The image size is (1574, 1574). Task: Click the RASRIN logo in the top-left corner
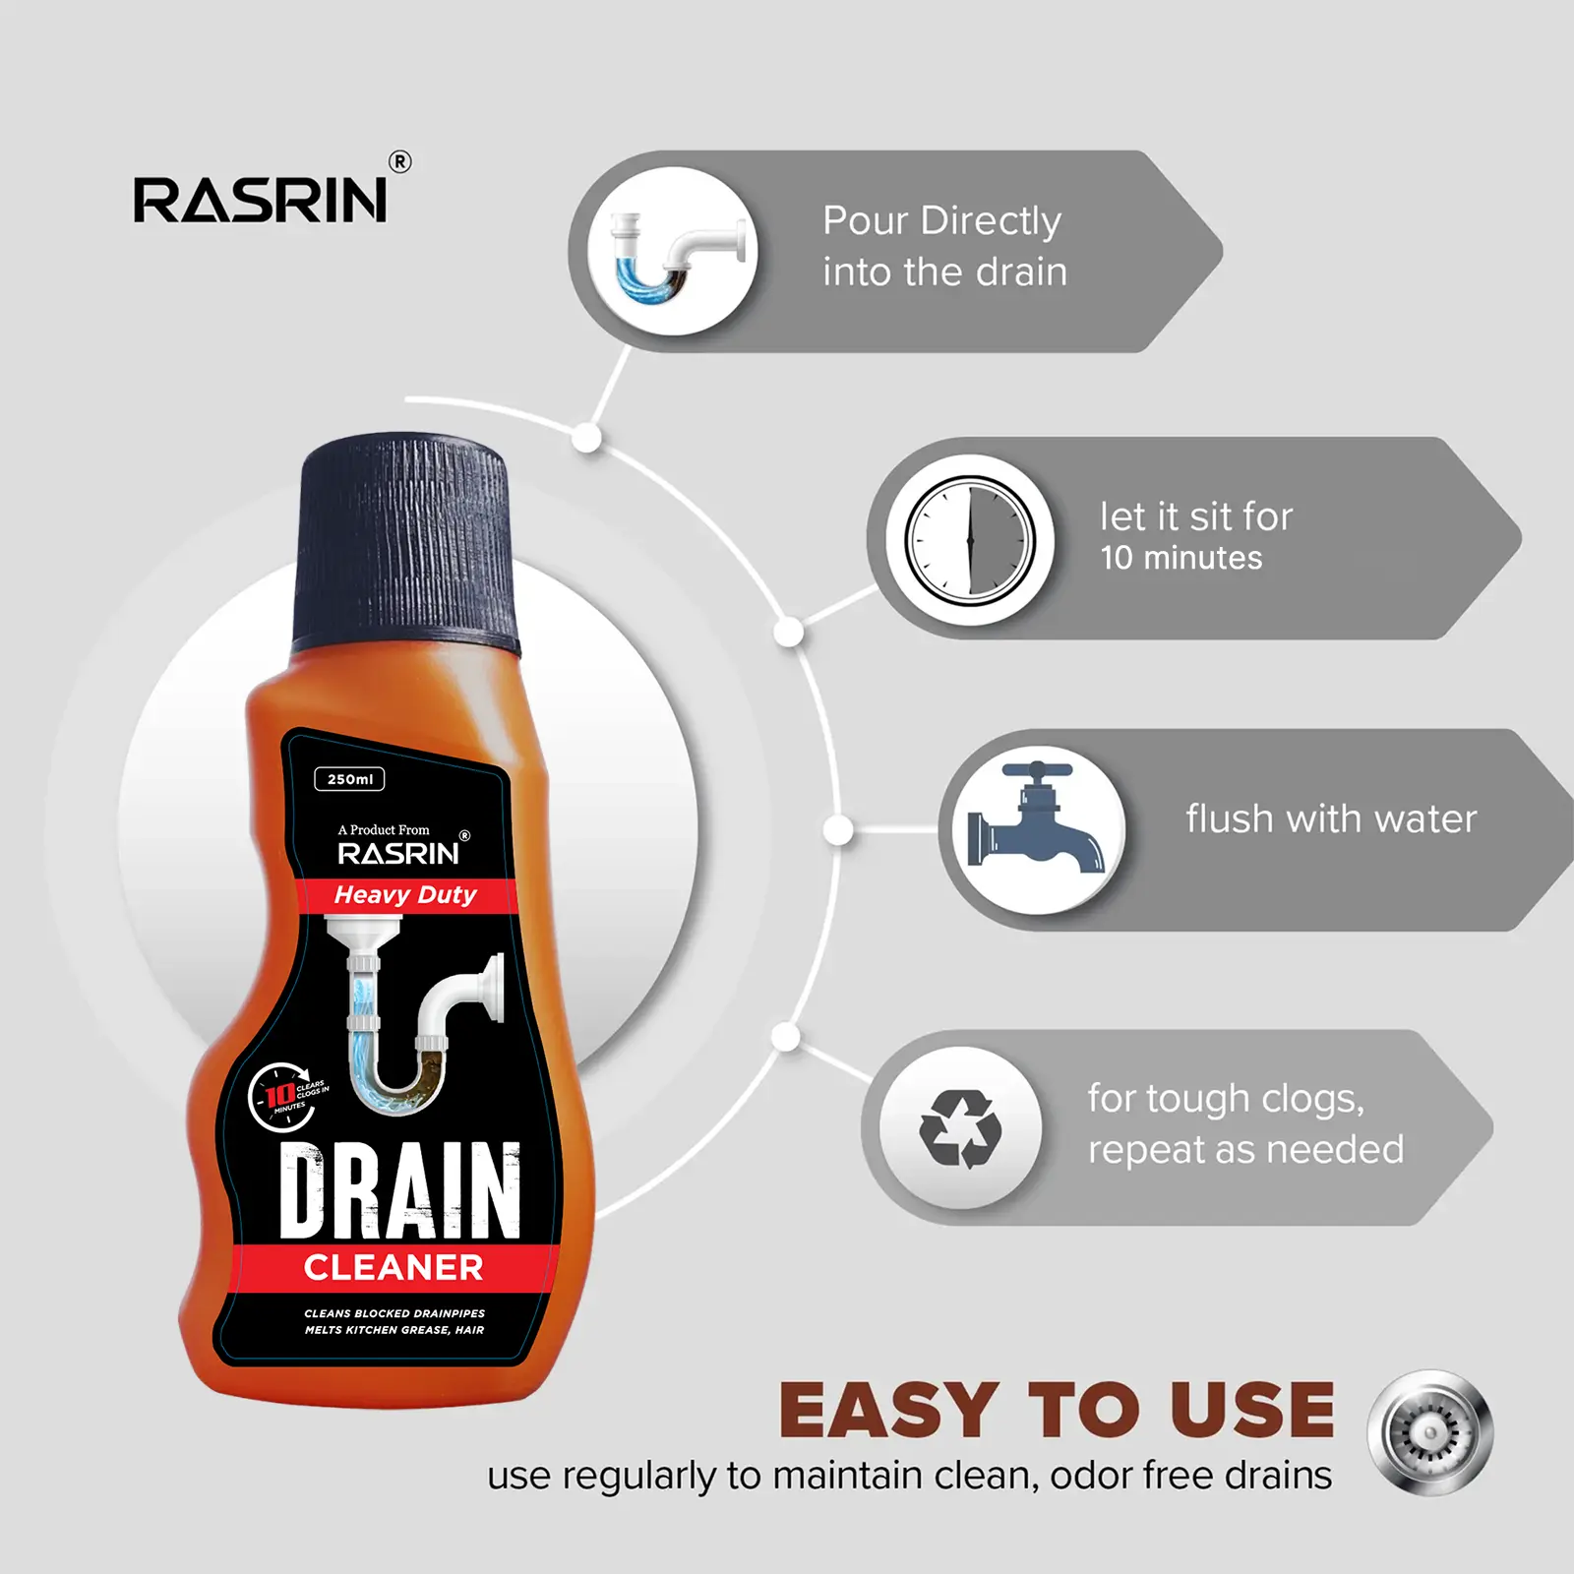pyautogui.click(x=261, y=200)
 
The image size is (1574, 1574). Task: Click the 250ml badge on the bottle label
pyautogui.click(x=349, y=779)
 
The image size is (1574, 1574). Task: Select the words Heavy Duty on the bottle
pyautogui.click(x=405, y=895)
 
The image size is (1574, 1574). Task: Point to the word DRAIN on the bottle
pyautogui.click(x=399, y=1190)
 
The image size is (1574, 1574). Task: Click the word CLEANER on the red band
pyautogui.click(x=393, y=1268)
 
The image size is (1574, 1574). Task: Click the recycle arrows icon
pyautogui.click(x=960, y=1128)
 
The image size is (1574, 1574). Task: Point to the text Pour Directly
pyautogui.click(x=941, y=221)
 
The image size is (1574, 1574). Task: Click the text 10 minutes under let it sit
pyautogui.click(x=1180, y=558)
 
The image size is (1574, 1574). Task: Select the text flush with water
pyautogui.click(x=1331, y=818)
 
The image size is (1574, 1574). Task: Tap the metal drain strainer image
pyautogui.click(x=1429, y=1432)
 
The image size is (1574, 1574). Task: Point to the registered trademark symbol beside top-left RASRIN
pyautogui.click(x=399, y=162)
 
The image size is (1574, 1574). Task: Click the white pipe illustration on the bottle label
pyautogui.click(x=413, y=1013)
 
